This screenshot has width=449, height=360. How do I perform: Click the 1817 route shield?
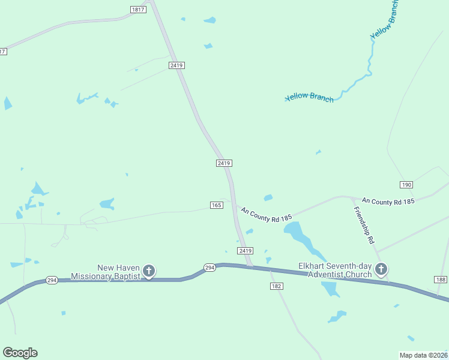click(137, 10)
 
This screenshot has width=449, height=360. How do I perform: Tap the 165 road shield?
click(217, 205)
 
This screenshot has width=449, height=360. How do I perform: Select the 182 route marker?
click(276, 287)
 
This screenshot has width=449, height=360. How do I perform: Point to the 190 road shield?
click(406, 184)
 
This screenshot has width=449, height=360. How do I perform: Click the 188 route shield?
click(441, 280)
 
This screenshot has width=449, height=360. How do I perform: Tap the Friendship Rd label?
click(364, 224)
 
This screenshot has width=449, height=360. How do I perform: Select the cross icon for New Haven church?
click(149, 271)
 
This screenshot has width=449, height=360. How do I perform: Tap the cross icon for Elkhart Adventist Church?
click(381, 269)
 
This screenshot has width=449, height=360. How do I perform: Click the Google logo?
click(20, 353)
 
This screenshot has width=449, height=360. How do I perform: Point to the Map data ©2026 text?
click(424, 355)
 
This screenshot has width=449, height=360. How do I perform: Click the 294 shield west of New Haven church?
click(52, 280)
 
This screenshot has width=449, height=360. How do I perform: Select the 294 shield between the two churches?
click(209, 268)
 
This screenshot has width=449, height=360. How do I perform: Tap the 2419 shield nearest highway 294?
click(245, 250)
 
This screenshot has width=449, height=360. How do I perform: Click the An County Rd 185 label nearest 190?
click(388, 202)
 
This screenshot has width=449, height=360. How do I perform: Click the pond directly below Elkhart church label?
click(330, 289)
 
